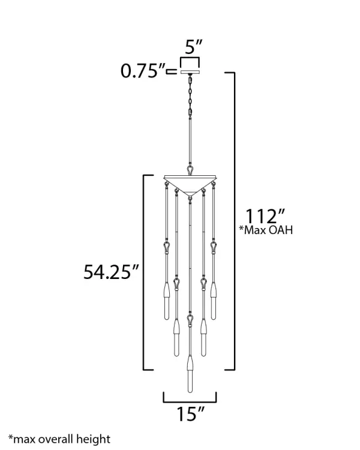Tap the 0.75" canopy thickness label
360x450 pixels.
click(143, 71)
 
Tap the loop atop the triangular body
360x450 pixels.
click(190, 170)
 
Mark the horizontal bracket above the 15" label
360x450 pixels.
click(190, 398)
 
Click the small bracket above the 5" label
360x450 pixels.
click(190, 61)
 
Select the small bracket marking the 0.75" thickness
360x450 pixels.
click(172, 71)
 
